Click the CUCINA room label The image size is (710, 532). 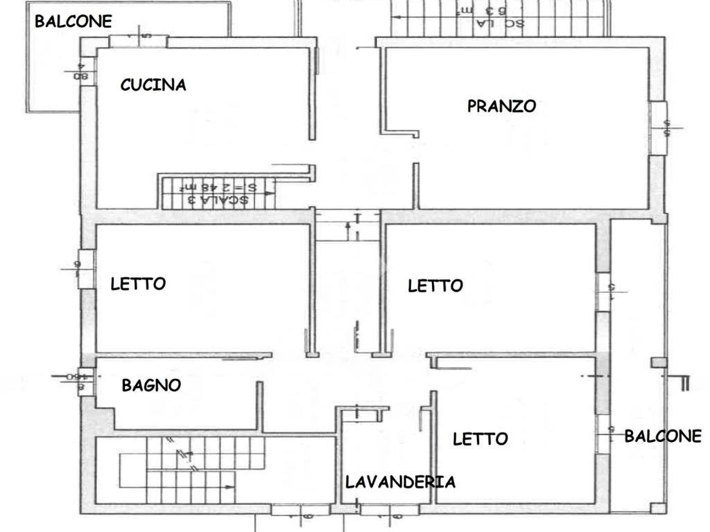153,85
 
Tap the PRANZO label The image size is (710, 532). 501,106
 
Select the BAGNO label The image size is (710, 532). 151,385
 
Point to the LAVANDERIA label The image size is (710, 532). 400,482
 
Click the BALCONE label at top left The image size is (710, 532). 73,21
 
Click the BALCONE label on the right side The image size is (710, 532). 663,436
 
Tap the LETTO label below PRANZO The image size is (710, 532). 435,285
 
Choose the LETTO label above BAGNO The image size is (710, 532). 138,283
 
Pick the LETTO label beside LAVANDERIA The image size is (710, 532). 480,438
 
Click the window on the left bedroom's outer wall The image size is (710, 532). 86,269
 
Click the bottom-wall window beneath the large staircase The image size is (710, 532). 291,511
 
